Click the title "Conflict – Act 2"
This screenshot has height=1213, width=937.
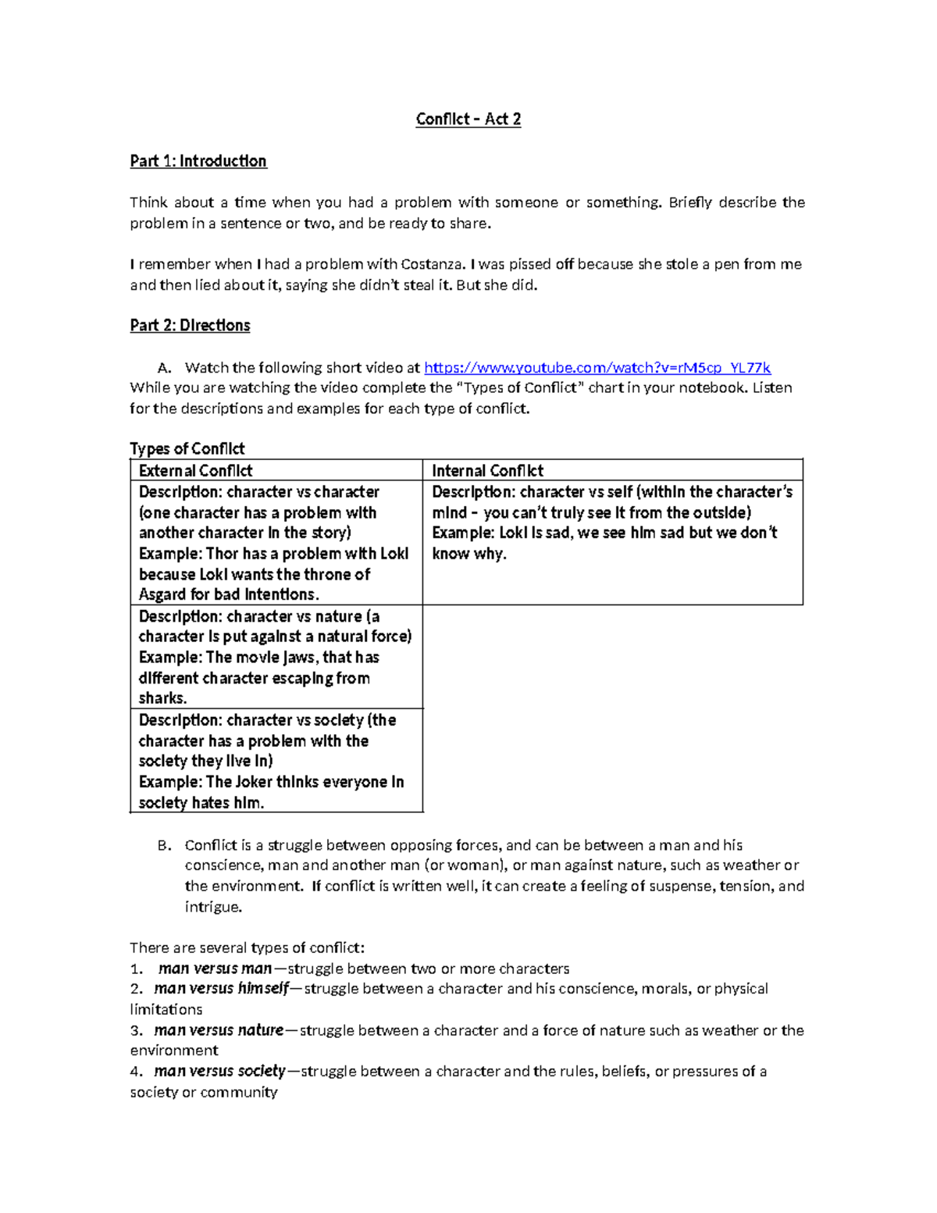click(468, 119)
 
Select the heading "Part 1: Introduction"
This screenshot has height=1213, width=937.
click(198, 161)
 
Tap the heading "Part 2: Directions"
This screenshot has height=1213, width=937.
click(190, 325)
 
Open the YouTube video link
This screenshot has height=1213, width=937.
click(597, 367)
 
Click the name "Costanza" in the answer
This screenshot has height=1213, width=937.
click(432, 264)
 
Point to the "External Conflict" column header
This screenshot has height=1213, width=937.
click(195, 470)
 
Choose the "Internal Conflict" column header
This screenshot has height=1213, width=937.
click(487, 470)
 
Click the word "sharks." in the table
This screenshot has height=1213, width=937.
click(162, 698)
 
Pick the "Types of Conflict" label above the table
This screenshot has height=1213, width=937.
click(187, 448)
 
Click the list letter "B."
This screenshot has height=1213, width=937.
click(164, 845)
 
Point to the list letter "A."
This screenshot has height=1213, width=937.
click(164, 368)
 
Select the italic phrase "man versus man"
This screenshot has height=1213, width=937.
click(215, 969)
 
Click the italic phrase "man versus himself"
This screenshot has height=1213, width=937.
click(221, 989)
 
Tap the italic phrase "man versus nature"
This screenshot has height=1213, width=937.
click(219, 1030)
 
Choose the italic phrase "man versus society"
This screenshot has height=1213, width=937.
click(219, 1071)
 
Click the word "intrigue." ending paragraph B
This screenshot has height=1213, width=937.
click(213, 907)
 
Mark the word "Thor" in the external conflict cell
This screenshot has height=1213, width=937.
click(222, 554)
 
